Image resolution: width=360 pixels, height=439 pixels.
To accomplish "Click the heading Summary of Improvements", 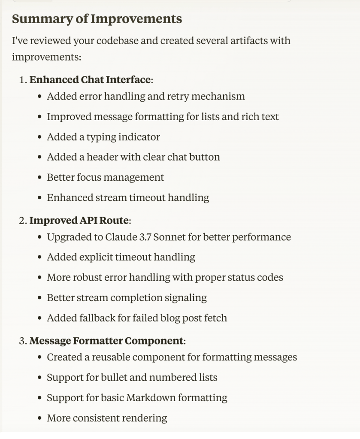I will (97, 19).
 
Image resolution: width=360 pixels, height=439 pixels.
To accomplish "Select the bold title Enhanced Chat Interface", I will (90, 80).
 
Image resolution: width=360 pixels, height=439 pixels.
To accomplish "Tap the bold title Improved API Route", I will (79, 221).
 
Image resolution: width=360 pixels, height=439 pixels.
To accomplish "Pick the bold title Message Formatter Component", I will (106, 341).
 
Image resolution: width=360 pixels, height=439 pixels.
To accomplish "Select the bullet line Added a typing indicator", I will (103, 137).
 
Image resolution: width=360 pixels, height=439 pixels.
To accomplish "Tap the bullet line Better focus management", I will (105, 177).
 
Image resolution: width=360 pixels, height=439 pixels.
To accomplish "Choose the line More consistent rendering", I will (107, 418).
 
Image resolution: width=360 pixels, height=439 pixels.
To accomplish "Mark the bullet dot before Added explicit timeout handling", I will (39, 257).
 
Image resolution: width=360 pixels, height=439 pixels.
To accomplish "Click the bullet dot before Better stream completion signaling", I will (39, 298).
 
